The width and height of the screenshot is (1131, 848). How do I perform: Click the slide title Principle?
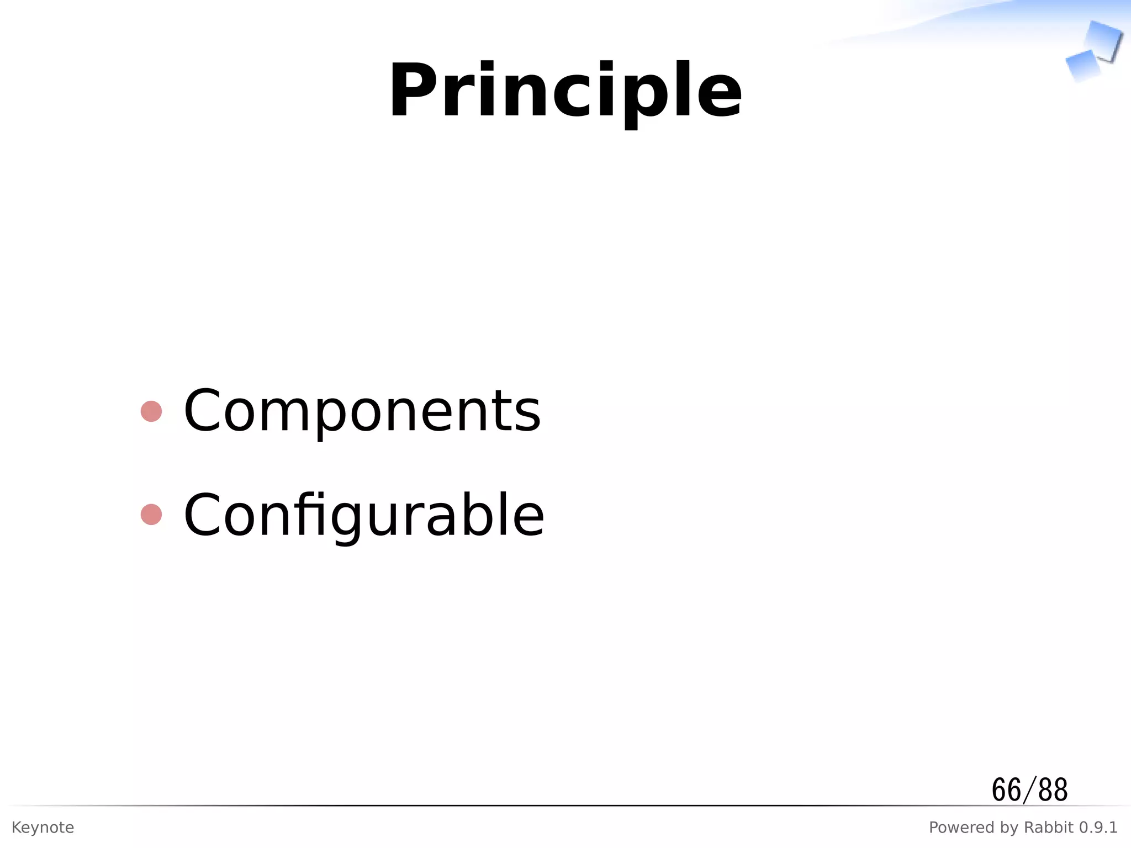coord(565,91)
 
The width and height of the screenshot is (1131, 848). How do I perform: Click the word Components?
coord(362,411)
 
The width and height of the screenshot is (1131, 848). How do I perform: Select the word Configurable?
coord(363,515)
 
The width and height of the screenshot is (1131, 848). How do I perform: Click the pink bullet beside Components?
coord(151,411)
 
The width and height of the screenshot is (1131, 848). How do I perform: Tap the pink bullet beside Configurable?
coord(151,515)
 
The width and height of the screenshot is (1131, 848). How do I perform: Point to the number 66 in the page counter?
coord(1006,790)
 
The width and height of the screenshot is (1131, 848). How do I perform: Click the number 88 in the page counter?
coord(1053,790)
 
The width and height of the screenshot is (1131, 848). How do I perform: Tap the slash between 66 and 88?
coord(1029,791)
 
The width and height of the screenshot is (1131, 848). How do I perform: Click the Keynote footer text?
coord(43,828)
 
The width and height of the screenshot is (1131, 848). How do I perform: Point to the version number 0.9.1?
coord(1098,828)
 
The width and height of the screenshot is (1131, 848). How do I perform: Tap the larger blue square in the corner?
coord(1103,40)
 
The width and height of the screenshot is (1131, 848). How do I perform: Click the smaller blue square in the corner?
coord(1082,65)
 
